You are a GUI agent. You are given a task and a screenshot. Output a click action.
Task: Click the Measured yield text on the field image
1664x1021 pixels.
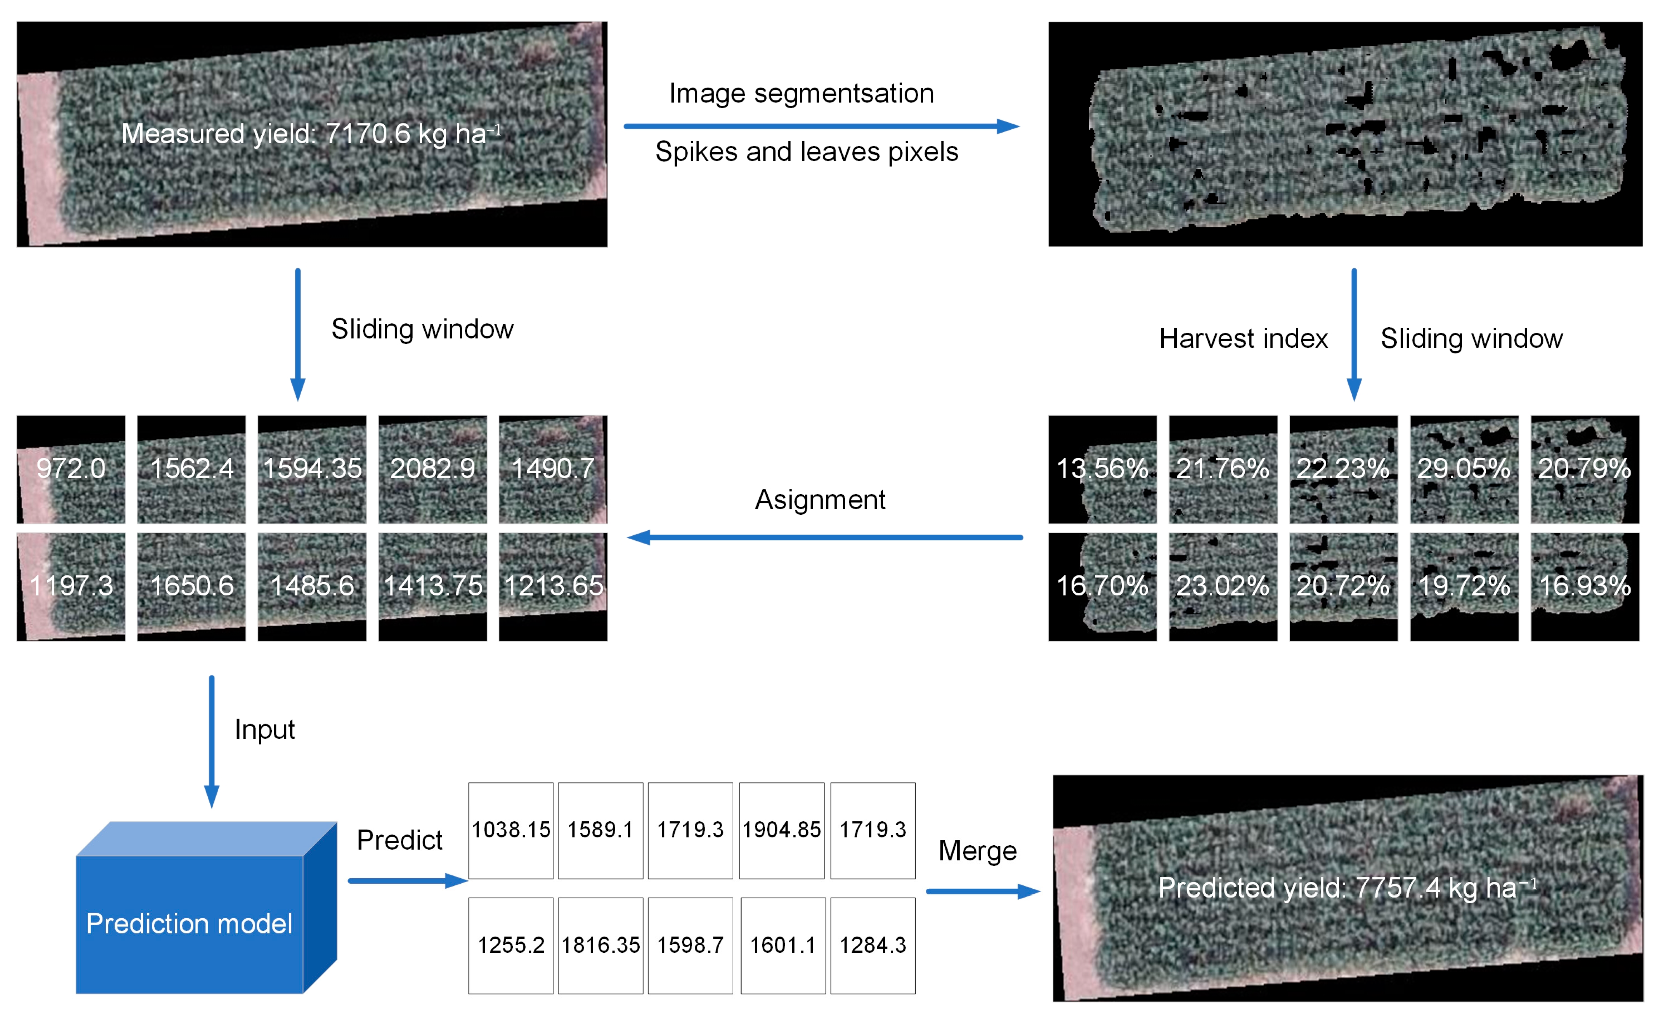pyautogui.click(x=311, y=134)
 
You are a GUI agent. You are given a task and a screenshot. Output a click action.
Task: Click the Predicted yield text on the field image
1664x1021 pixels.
pyautogui.click(x=1347, y=888)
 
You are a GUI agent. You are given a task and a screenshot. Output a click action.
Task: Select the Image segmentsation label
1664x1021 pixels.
pyautogui.click(x=801, y=93)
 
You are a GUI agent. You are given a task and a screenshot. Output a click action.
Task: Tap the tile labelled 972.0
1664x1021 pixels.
pyautogui.click(x=71, y=469)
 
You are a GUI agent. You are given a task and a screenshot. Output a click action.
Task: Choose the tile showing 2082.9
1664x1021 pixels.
pyautogui.click(x=432, y=469)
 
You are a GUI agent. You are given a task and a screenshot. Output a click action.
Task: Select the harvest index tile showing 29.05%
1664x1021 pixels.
pyautogui.click(x=1463, y=469)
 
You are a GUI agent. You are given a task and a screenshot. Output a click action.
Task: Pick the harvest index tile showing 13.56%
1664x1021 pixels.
pyautogui.click(x=1102, y=469)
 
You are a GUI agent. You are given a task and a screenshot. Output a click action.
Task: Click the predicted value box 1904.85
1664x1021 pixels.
pyautogui.click(x=781, y=830)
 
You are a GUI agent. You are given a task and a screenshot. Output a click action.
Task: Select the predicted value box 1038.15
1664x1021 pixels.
pyautogui.click(x=511, y=830)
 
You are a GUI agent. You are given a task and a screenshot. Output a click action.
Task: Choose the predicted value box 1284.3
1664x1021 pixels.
pyautogui.click(x=873, y=945)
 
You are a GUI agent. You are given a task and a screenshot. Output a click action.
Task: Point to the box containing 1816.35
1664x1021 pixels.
pyautogui.click(x=600, y=945)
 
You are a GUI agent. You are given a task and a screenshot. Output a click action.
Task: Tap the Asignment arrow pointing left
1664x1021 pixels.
pyautogui.click(x=824, y=537)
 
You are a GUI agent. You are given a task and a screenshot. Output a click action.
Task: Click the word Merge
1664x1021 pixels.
pyautogui.click(x=977, y=851)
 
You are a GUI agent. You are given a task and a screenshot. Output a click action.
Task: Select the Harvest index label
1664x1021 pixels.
pyautogui.click(x=1243, y=338)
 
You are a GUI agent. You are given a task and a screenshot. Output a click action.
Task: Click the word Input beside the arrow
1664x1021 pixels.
pyautogui.click(x=264, y=729)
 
